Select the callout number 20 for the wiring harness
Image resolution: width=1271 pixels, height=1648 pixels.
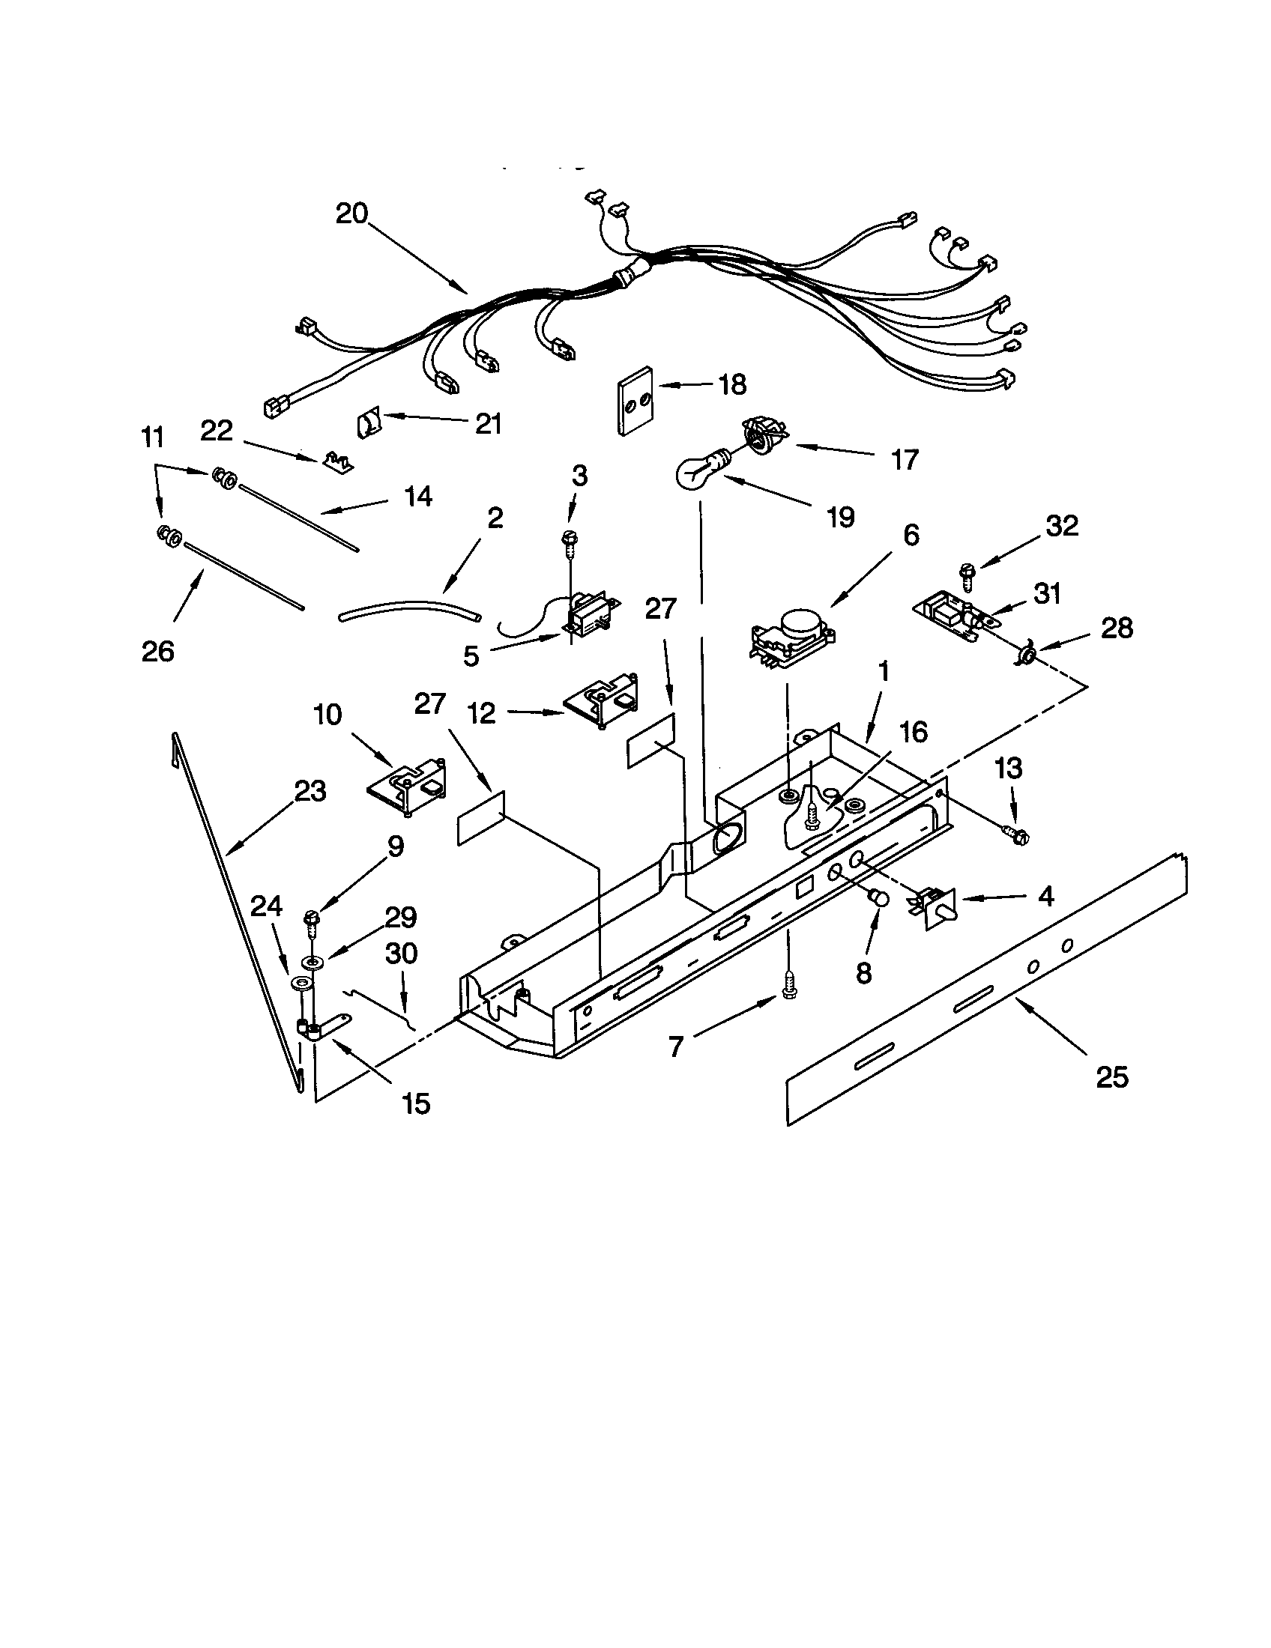351,213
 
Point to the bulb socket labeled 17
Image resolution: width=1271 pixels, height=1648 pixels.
763,437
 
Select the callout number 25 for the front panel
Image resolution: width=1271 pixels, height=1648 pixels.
1111,1076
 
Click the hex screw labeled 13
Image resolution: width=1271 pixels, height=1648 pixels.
1018,836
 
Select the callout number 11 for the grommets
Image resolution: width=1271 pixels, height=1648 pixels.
152,437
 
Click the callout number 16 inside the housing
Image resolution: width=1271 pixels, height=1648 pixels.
914,732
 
